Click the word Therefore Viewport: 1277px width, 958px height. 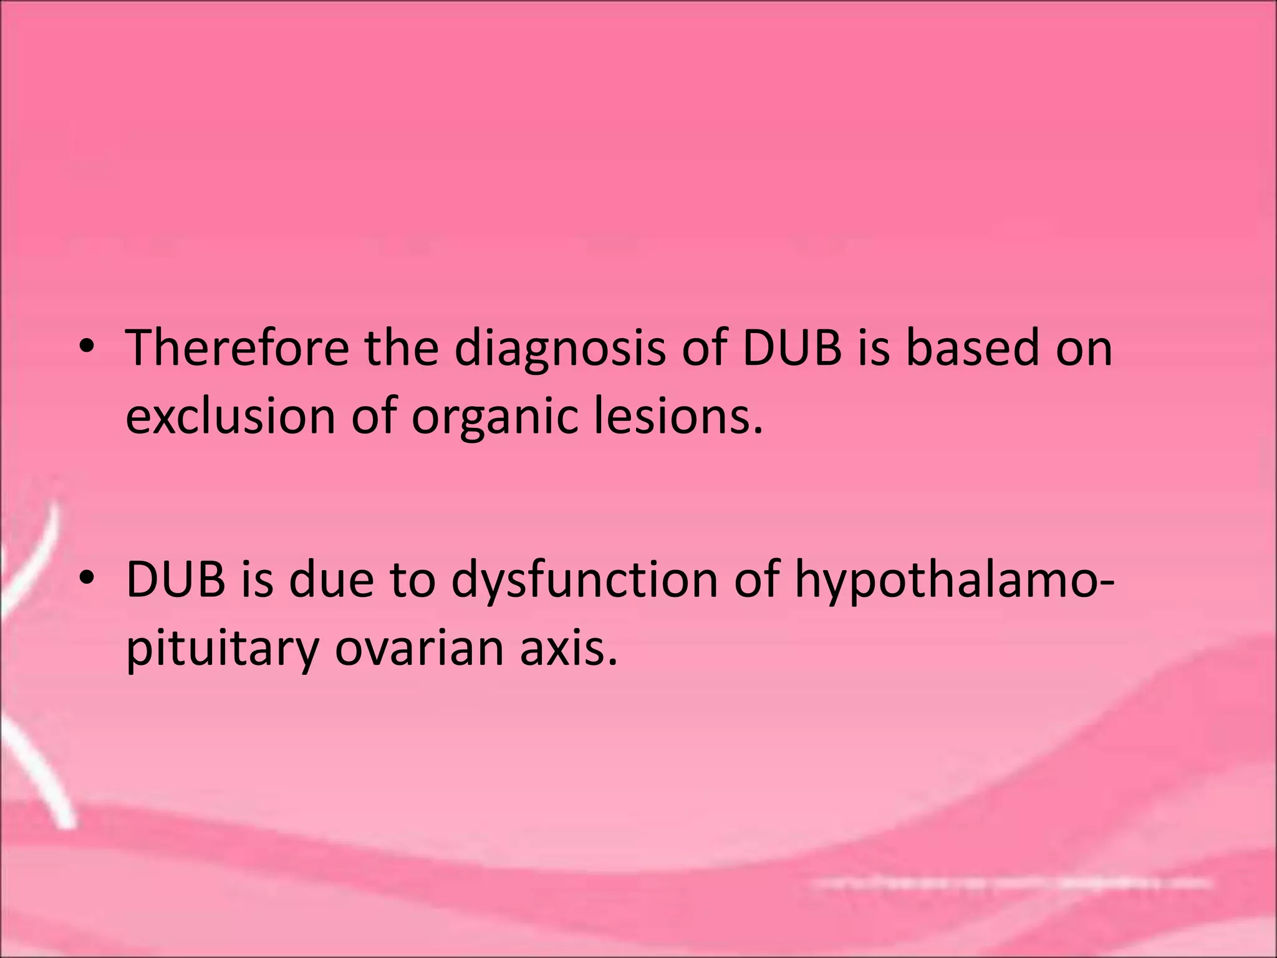[238, 347]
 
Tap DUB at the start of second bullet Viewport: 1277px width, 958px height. [175, 579]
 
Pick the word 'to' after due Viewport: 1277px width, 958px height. [412, 579]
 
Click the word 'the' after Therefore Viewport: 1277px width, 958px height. [402, 347]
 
